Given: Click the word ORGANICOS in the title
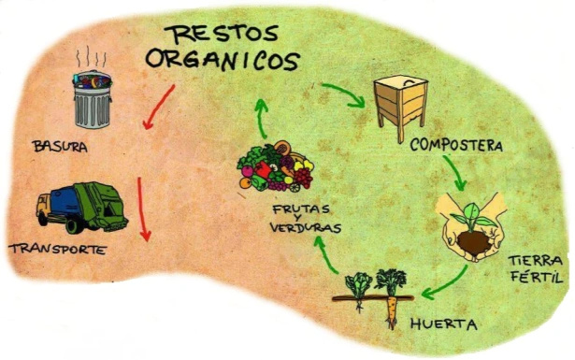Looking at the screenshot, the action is [223, 60].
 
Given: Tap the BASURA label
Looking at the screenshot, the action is [60, 147].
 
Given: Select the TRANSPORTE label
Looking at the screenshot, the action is [58, 250].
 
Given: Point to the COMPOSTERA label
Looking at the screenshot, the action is [456, 145].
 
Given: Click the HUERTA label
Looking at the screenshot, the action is [444, 324].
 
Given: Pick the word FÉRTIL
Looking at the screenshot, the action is [537, 277].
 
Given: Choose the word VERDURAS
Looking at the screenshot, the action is [306, 228].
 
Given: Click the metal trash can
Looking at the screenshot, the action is [92, 99].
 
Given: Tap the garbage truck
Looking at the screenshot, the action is [81, 208].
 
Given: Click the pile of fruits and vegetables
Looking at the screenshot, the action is [276, 166].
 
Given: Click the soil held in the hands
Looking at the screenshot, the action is [473, 242].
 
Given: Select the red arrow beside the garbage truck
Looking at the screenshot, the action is [143, 209].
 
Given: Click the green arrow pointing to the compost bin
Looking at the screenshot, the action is [347, 94].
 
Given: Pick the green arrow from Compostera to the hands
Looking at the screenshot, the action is [456, 172].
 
